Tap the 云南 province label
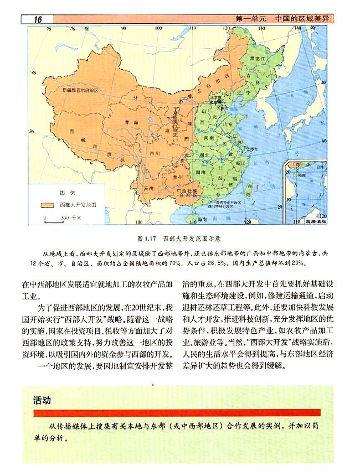click(x=148, y=188)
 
